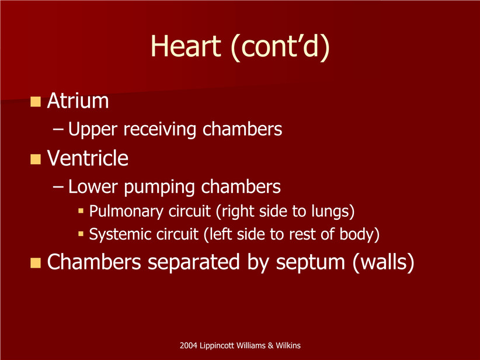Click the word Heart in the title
tap(186, 46)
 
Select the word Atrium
tap(78, 101)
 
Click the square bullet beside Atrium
tap(36, 102)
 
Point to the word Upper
tap(93, 130)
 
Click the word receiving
tap(160, 130)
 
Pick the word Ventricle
tap(88, 158)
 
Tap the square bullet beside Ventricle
tap(36, 159)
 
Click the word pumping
tap(159, 187)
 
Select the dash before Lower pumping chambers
tap(58, 186)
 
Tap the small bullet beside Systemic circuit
tap(81, 234)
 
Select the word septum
tap(311, 263)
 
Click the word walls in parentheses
tap(384, 262)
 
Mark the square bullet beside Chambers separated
tap(36, 262)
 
